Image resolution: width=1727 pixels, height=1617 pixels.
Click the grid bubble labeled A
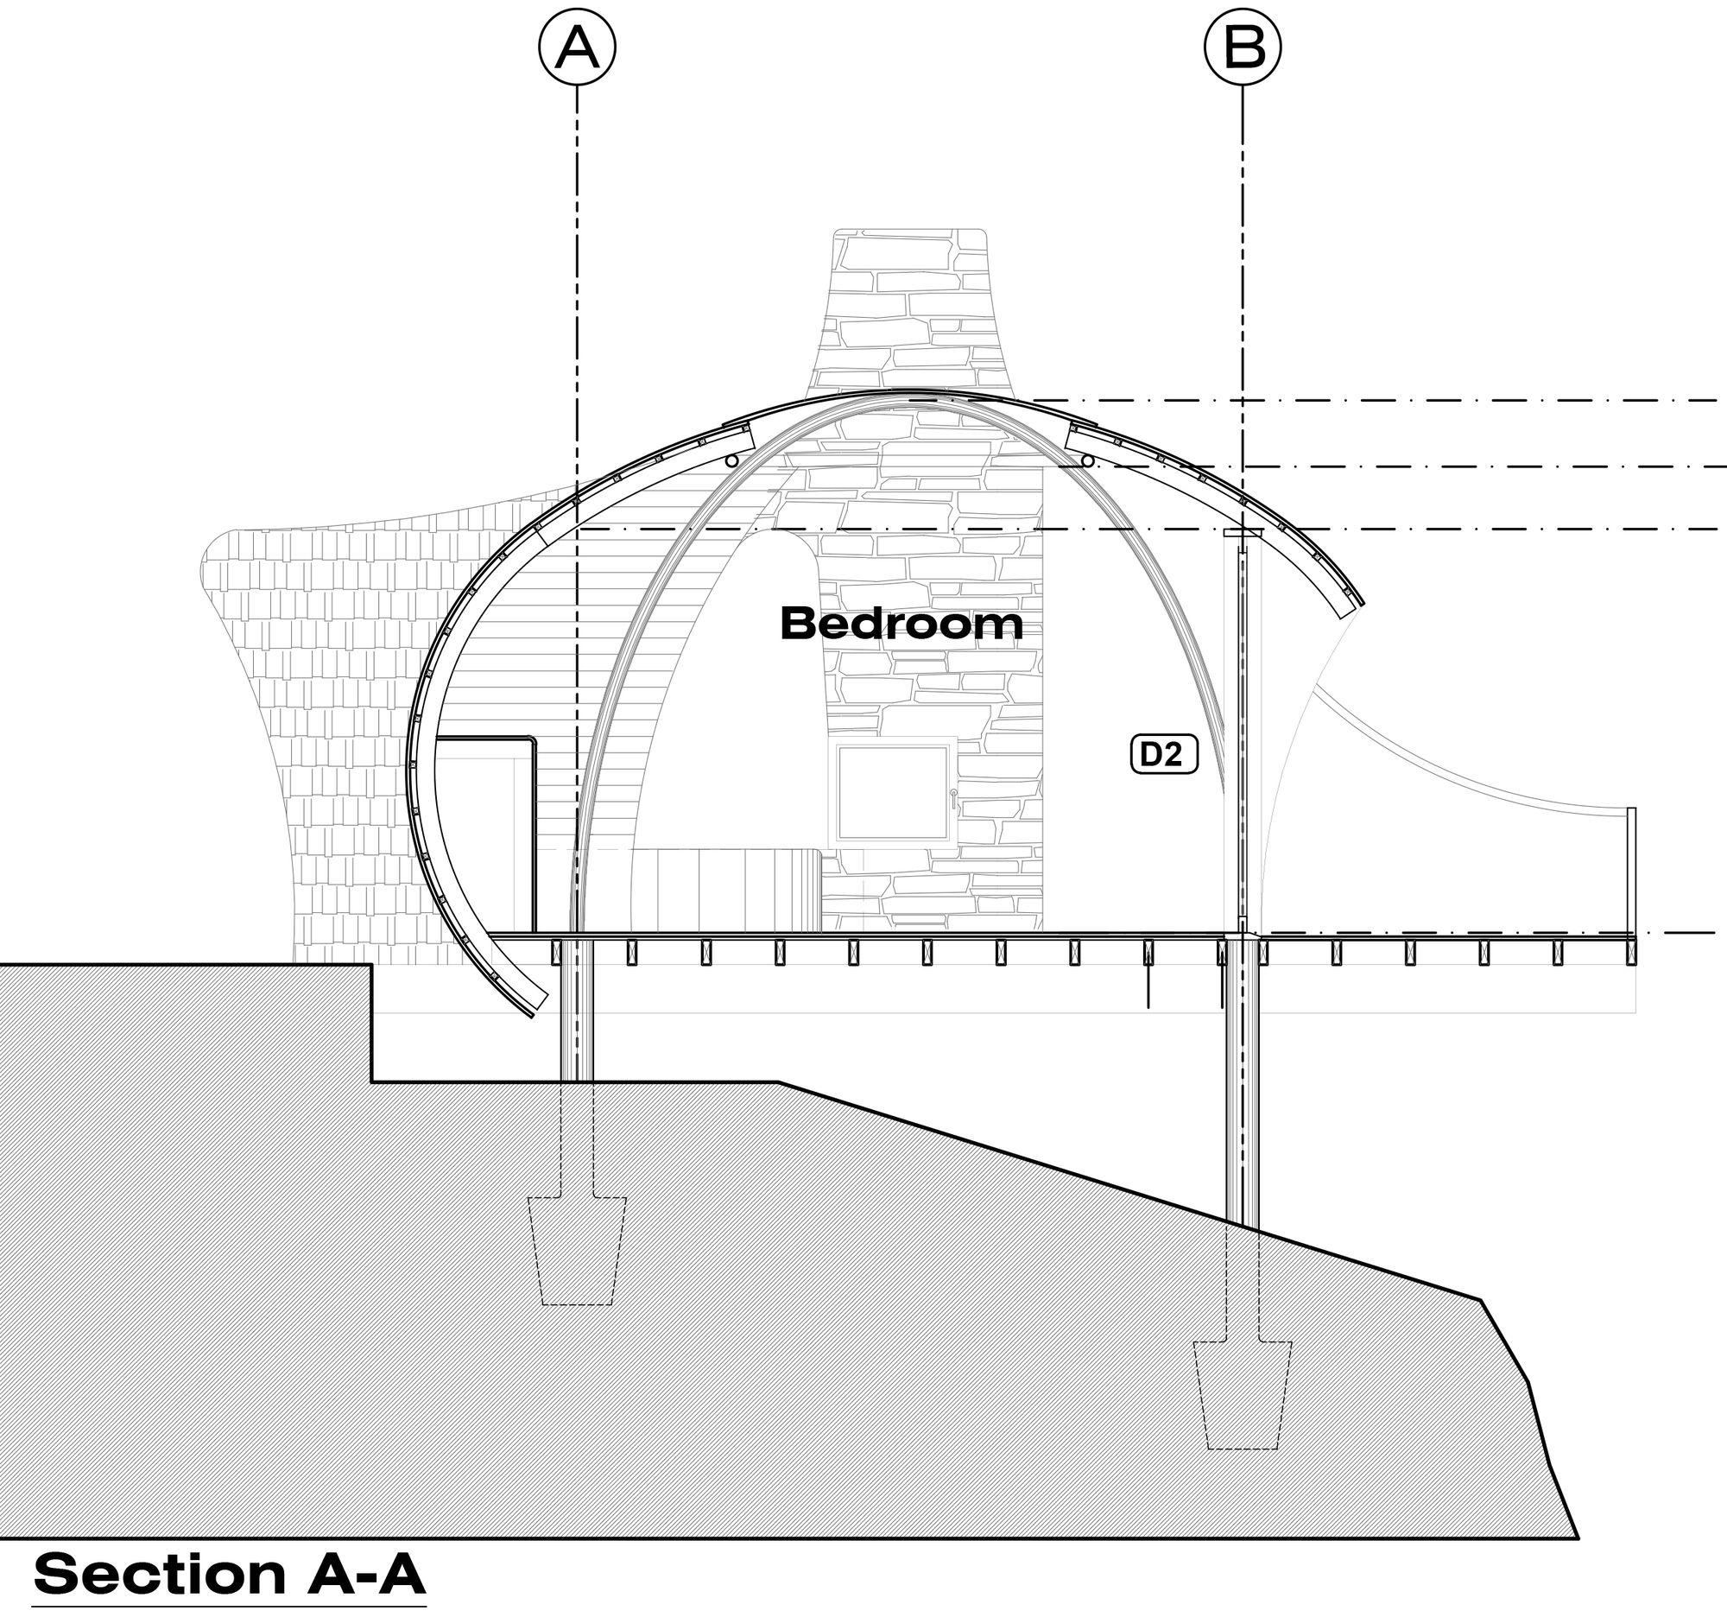click(x=577, y=48)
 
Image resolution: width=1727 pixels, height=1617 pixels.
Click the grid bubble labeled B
click(x=1243, y=48)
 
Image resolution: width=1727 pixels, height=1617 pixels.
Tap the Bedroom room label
click(x=901, y=624)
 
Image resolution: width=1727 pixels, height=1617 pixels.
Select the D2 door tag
click(x=1163, y=754)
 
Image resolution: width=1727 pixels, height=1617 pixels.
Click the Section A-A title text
click(x=230, y=1574)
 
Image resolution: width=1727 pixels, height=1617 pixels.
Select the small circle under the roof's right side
click(x=1087, y=460)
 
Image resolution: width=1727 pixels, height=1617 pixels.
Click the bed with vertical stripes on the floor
click(x=738, y=891)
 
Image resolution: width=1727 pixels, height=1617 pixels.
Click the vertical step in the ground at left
click(x=372, y=1022)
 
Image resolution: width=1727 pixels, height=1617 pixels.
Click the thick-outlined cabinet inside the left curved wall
click(x=486, y=834)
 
